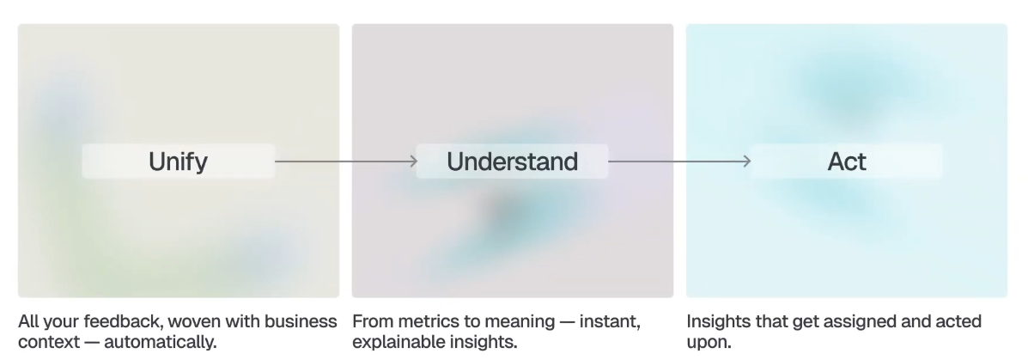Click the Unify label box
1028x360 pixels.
point(179,161)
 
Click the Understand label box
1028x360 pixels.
point(512,161)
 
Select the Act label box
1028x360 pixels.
point(847,161)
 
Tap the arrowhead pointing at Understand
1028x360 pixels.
point(411,161)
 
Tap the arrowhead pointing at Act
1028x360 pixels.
point(745,161)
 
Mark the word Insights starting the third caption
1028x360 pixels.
point(716,322)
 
